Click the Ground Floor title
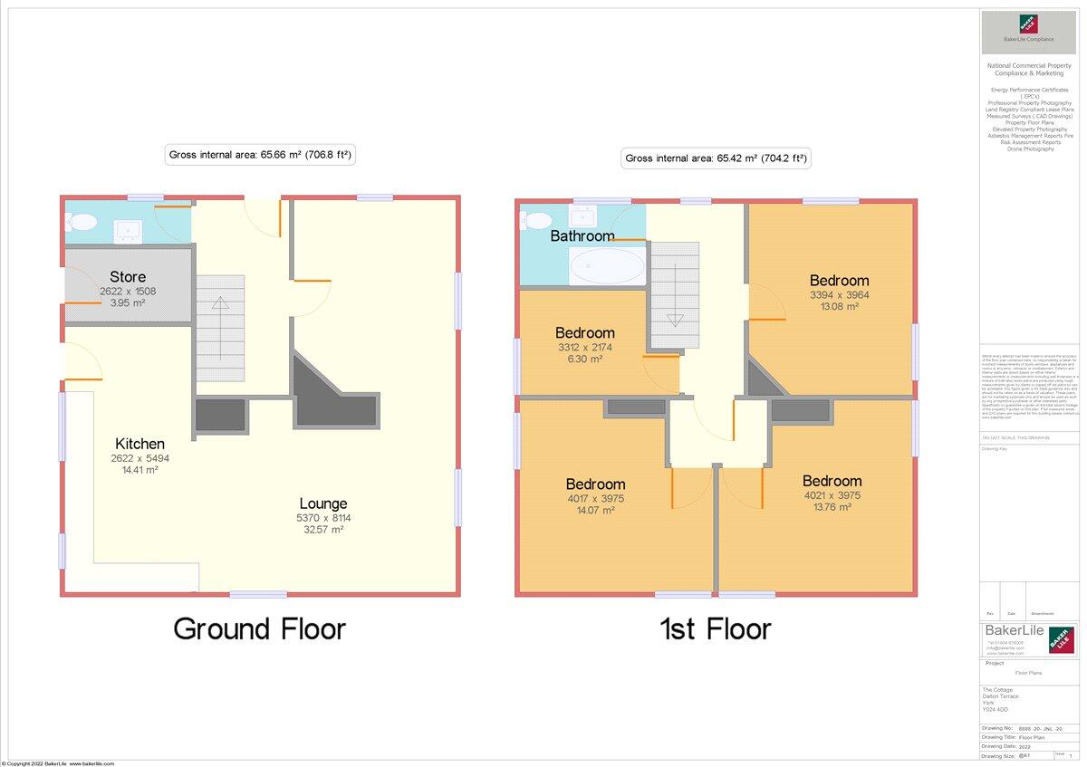(x=259, y=628)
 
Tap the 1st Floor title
(x=716, y=628)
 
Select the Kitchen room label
(x=139, y=444)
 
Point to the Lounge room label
(x=323, y=503)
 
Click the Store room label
(x=128, y=276)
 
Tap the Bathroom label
(x=582, y=235)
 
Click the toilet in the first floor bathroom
(x=537, y=220)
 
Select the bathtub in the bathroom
(x=607, y=266)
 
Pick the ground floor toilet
(x=82, y=222)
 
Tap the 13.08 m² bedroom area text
(x=839, y=307)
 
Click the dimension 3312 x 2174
(x=584, y=347)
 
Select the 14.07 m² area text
(x=595, y=511)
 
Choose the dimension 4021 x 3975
(x=832, y=495)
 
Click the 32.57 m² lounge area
(x=323, y=530)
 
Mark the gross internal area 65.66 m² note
(x=260, y=155)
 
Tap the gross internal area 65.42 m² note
(x=716, y=158)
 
